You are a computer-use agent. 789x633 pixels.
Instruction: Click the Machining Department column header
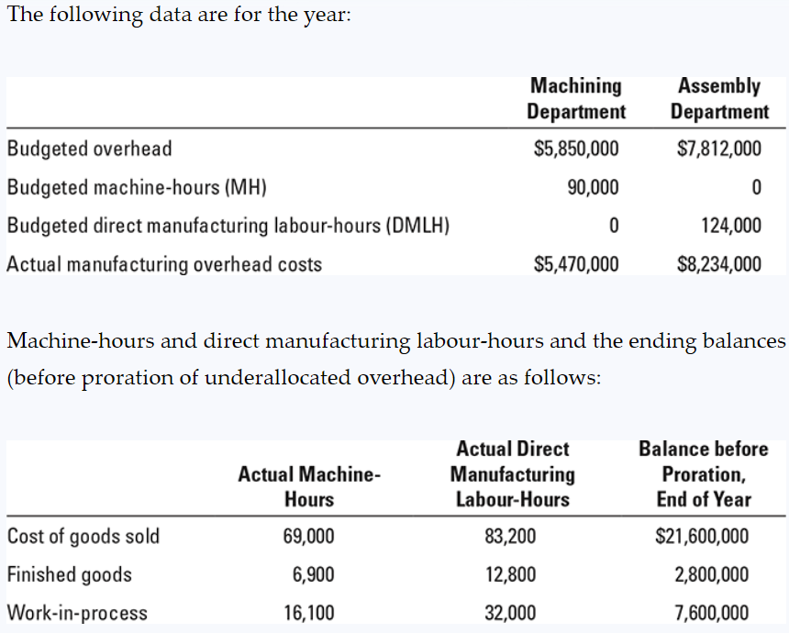point(576,99)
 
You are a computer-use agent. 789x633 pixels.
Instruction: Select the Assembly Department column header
point(719,99)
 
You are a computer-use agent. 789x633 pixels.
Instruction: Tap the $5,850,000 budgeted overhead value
point(576,149)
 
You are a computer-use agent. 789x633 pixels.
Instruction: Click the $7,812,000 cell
point(719,149)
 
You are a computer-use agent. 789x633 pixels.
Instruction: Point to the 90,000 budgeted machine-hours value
point(593,188)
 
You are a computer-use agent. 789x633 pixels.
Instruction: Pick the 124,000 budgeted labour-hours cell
point(730,226)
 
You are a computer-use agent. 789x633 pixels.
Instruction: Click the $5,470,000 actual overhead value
point(576,265)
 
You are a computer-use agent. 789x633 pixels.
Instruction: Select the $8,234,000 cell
point(719,265)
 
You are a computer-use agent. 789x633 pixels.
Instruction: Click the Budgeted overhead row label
point(89,149)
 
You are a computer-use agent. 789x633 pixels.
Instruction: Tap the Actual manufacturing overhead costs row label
point(164,265)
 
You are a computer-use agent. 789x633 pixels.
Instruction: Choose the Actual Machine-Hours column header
point(309,487)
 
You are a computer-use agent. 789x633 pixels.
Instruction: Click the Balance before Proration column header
point(703,474)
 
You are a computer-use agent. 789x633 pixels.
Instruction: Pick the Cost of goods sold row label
point(83,537)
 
